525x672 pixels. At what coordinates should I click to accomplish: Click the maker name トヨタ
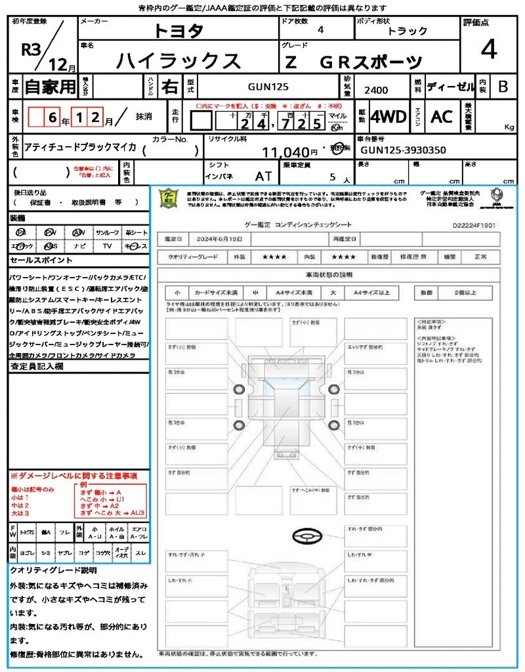178,31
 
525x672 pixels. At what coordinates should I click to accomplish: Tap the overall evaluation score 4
488,49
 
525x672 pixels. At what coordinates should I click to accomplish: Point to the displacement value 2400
376,91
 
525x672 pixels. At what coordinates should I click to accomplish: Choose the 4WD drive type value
388,117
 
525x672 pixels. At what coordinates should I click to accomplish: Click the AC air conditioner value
442,117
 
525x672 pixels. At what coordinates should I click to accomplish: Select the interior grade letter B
503,87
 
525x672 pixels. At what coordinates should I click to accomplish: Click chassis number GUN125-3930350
403,150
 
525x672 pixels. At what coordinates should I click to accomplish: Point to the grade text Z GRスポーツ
352,62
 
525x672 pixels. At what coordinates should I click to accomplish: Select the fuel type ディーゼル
450,87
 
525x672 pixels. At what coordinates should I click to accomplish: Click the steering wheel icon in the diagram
306,537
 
